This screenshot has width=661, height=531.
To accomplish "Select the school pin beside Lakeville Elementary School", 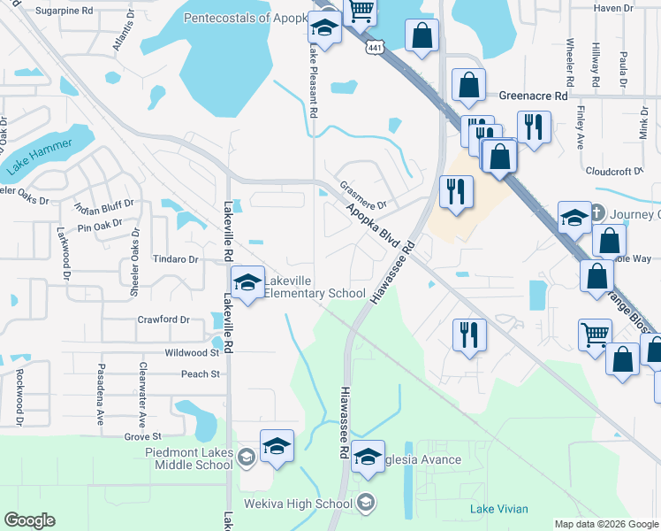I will coord(247,285).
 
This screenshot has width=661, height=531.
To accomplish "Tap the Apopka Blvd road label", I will coord(380,227).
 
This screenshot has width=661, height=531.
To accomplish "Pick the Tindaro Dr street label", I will coord(174,259).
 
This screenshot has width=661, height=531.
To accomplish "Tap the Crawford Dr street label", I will coord(163,319).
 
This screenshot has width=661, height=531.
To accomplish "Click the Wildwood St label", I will coord(191,352).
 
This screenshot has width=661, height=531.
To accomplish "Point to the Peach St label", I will coord(200,374).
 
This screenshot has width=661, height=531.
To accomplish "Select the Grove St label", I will coord(142,436).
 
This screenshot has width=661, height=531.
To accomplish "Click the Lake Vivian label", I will coord(499,509).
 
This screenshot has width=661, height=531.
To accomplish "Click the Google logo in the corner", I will coord(29,520).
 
